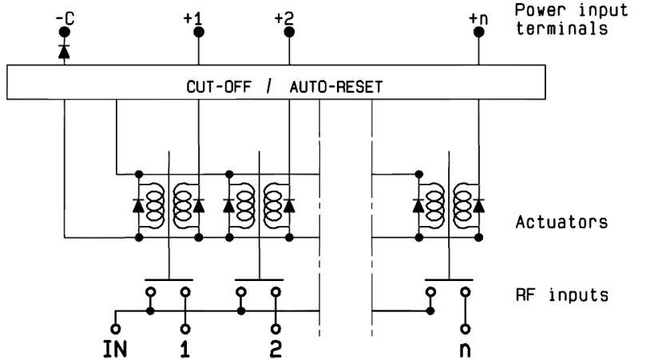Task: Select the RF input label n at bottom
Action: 464,348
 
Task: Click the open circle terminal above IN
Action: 115,327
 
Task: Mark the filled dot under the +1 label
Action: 197,32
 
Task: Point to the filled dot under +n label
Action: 479,32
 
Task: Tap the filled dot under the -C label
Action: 63,33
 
